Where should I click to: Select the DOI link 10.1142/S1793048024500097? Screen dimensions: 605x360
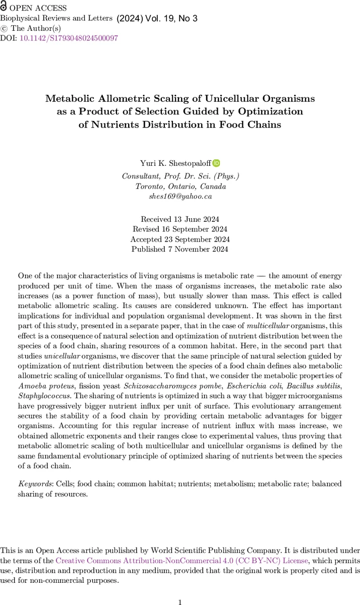click(69, 38)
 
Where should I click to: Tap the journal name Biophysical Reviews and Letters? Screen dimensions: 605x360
click(57, 19)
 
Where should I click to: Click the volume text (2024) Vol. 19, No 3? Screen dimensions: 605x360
click(157, 19)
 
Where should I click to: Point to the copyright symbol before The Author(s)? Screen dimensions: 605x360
click(4, 28)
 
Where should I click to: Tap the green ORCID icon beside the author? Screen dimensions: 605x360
click(216, 163)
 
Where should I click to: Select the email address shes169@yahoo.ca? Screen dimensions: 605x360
click(180, 197)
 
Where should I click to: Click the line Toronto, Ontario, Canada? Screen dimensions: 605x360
click(180, 186)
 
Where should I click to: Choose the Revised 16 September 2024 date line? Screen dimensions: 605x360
click(180, 229)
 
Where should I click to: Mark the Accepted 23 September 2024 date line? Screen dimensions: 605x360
click(180, 239)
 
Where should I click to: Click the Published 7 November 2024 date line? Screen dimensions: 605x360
click(180, 249)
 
